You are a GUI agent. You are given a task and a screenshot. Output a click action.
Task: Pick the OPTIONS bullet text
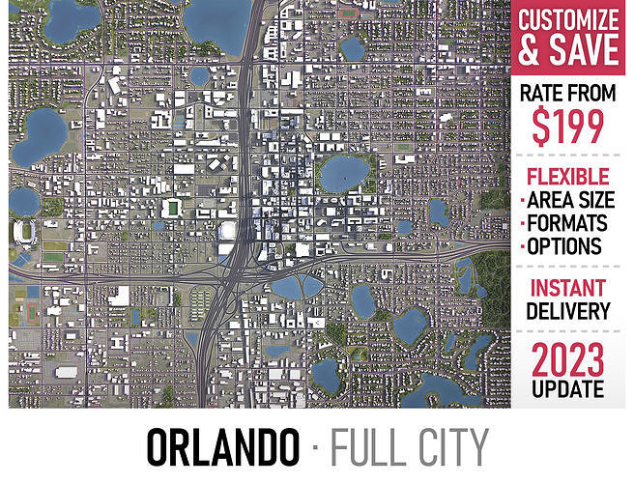pyautogui.click(x=566, y=246)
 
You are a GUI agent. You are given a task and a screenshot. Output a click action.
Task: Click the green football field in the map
pyautogui.click(x=173, y=207)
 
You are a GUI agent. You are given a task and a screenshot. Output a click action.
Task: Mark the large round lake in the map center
pyautogui.click(x=344, y=175)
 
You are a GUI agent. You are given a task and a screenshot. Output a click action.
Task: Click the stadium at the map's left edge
pyautogui.click(x=24, y=231)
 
